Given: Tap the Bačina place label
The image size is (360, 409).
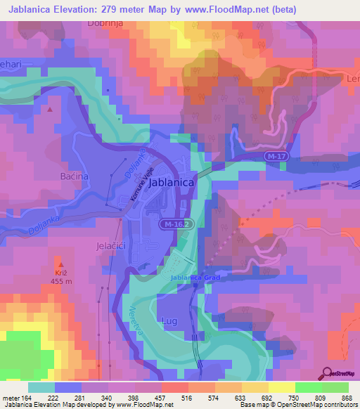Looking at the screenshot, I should pyautogui.click(x=75, y=176).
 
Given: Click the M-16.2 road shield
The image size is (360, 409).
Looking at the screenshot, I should pyautogui.click(x=175, y=224).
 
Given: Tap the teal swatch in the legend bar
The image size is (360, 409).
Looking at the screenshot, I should pyautogui.click(x=41, y=387).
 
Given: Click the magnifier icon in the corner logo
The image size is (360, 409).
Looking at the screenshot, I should pyautogui.click(x=327, y=373).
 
